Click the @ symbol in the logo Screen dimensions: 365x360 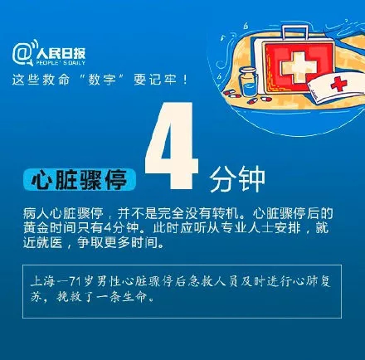[21, 53]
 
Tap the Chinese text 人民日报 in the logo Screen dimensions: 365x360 [61, 53]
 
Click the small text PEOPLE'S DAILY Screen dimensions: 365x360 [61, 63]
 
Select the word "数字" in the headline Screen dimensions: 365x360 [101, 80]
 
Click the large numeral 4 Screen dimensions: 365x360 [172, 145]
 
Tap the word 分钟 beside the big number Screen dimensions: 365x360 [237, 179]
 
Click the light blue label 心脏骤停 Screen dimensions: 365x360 [80, 179]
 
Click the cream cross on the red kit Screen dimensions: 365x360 [299, 67]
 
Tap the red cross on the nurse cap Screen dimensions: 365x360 [338, 84]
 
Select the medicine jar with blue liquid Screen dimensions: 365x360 [248, 82]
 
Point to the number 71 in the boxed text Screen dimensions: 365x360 [74, 282]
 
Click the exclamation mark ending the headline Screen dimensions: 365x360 [185, 80]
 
